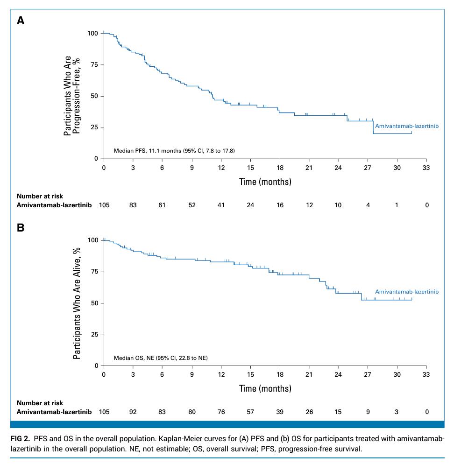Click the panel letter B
pos(21,228)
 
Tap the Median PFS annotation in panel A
pos(174,151)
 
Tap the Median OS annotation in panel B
pos(161,358)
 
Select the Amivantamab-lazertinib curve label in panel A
pos(407,126)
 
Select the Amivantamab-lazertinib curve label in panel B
pos(407,292)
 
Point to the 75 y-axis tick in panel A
pos(93,65)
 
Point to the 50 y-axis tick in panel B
pos(93,303)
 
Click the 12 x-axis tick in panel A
pos(221,168)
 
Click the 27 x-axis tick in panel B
pos(368,375)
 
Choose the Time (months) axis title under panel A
pos(265,182)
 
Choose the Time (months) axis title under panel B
pos(265,388)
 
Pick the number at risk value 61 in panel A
pos(163,205)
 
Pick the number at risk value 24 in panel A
pos(250,205)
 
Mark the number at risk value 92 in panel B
pos(133,412)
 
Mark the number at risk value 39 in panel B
pos(280,412)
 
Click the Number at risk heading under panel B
pos(40,403)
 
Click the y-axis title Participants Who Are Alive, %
pos(78,303)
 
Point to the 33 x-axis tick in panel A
pos(426,168)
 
